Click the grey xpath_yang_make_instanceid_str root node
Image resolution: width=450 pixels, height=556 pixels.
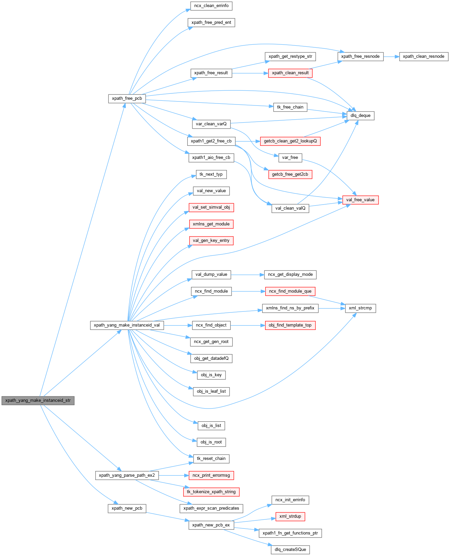point(38,400)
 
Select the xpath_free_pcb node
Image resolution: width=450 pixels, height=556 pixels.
point(127,98)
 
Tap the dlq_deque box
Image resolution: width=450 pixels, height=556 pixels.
point(360,116)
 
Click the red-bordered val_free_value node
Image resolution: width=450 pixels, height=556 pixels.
point(360,200)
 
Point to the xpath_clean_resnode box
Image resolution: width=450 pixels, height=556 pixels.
point(423,56)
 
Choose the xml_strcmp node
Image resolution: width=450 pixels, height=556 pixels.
point(360,308)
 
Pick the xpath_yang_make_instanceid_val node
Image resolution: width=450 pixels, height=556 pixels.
point(127,325)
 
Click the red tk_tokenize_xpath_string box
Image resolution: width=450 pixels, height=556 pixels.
point(211,492)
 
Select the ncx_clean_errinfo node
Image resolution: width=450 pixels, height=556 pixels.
point(211,6)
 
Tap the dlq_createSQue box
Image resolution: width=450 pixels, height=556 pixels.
point(290,550)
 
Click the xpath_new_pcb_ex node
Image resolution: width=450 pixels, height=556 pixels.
point(211,525)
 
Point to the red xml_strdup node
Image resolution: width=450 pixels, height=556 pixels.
point(290,516)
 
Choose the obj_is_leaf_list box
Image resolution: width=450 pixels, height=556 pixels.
point(211,391)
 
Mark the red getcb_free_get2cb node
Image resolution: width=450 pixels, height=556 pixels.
point(290,174)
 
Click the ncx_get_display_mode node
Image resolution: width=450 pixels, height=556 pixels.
point(290,274)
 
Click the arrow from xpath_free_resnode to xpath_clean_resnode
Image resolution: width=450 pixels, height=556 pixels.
point(391,57)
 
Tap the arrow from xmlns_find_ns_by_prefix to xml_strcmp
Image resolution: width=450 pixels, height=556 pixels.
point(332,308)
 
